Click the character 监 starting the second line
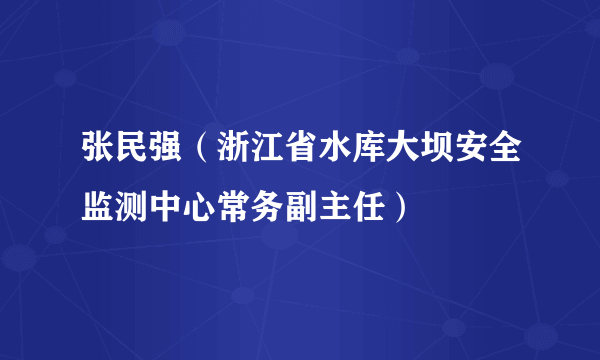(x=98, y=209)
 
